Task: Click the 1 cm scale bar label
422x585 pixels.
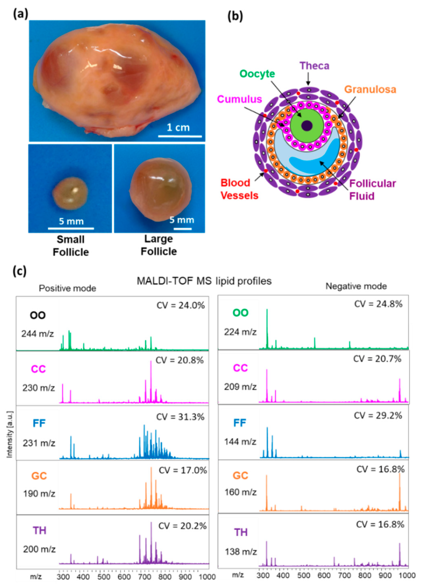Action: coord(178,127)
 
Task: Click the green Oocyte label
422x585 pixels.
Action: coord(257,74)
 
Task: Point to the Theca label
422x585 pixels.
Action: coord(314,66)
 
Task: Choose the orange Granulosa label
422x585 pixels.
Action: coord(370,90)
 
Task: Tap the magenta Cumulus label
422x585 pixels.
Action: coord(239,99)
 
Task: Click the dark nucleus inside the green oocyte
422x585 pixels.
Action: coord(307,126)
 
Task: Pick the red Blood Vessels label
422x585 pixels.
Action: coord(239,189)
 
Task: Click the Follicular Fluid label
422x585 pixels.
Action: coord(372,190)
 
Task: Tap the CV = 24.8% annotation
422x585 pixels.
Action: coord(378,304)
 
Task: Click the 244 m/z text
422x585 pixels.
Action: coord(38,334)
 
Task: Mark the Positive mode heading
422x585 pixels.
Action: coord(67,288)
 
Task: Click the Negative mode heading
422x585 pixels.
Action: coord(356,286)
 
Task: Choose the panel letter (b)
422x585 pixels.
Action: coord(235,16)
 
